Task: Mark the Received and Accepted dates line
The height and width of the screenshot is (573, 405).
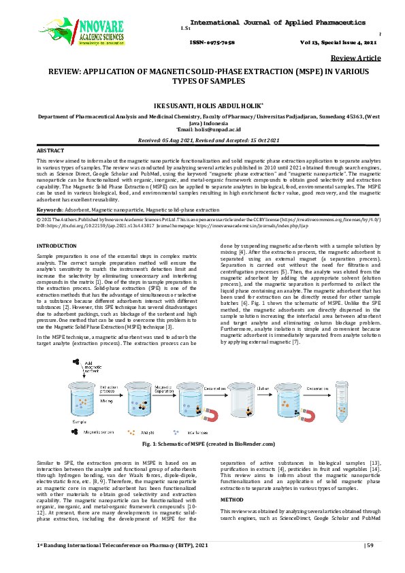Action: [202, 139]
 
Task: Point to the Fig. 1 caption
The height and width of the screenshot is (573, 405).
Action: [202, 444]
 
